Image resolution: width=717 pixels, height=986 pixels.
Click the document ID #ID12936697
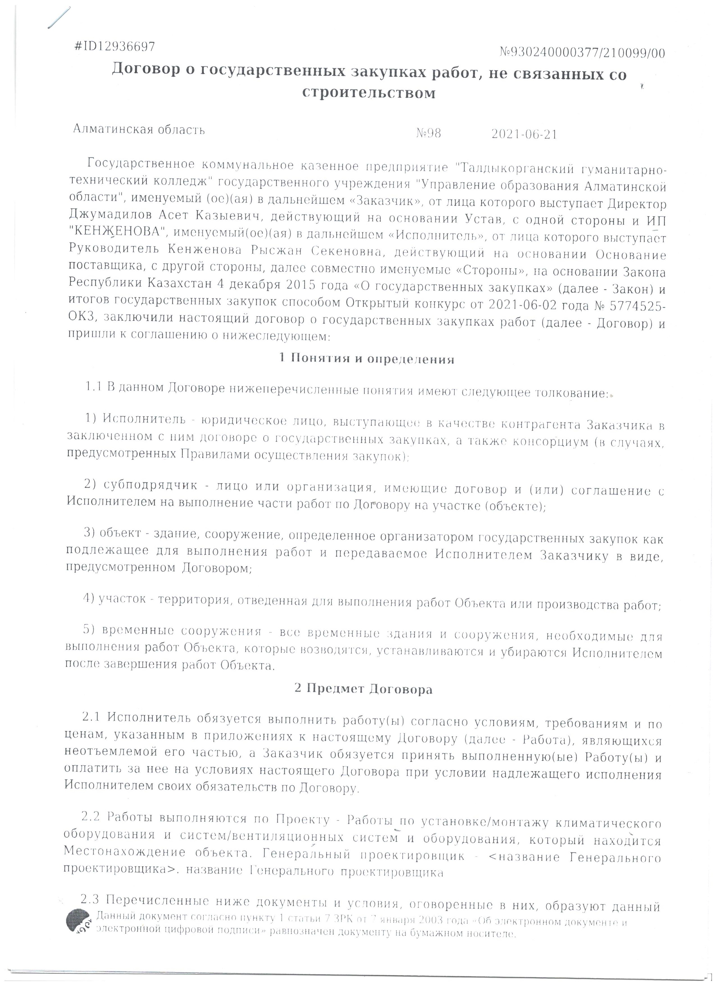(x=115, y=47)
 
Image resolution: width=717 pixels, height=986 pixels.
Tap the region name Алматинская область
(x=139, y=129)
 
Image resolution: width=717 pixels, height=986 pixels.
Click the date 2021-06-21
(x=524, y=134)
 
